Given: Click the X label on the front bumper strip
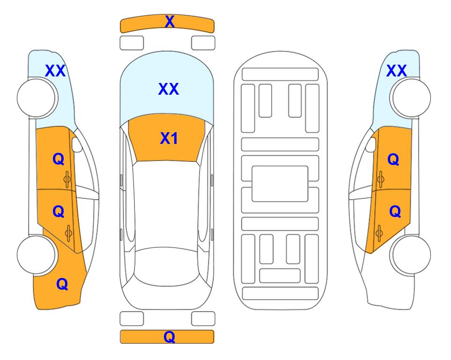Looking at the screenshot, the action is pos(170,22).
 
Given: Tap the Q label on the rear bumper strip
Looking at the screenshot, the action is pos(170,337).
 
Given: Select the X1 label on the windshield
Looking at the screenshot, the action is pos(169,138).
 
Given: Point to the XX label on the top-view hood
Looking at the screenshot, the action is pos(169,89).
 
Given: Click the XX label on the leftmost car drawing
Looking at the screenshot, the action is pos(55,71).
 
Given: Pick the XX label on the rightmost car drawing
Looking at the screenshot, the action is pos(396,71).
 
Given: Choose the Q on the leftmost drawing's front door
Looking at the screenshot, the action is pos(59,159).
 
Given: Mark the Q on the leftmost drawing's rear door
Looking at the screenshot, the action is pos(59,212).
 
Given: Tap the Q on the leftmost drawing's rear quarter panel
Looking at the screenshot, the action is pos(62,284).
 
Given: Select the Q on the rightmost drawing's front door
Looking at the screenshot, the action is pos(393,159).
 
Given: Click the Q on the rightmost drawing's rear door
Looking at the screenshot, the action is pos(395,212).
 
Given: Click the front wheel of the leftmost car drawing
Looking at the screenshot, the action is pos(36,98).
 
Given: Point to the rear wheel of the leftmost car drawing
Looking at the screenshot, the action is pos(36,255).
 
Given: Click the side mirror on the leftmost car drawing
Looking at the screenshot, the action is pos(76,144).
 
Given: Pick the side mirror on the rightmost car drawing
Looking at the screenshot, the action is pos(371,144).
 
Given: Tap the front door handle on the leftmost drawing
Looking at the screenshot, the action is pos(67,180).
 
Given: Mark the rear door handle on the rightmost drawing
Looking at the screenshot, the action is pos(379,233).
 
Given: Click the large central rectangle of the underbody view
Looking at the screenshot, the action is pos(280,184).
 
